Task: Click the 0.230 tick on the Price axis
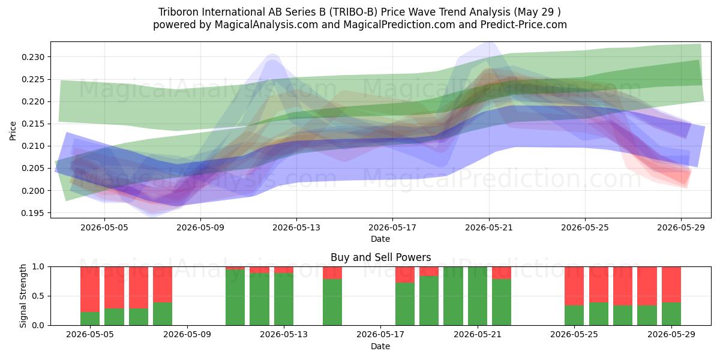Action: [x=32, y=57]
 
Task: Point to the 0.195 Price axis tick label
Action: [x=32, y=213]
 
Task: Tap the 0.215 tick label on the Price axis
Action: [x=32, y=124]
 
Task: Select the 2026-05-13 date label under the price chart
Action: [x=296, y=227]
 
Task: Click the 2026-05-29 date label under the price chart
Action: [x=681, y=227]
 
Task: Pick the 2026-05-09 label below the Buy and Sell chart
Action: [x=187, y=334]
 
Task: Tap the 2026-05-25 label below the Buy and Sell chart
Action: [x=574, y=334]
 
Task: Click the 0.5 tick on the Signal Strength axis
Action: [x=38, y=296]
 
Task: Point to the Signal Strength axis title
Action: [x=23, y=296]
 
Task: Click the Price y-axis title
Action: [x=13, y=131]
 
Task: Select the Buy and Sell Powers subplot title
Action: [x=380, y=257]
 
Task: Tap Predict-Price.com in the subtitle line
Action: [x=524, y=25]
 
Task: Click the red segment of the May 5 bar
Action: [x=90, y=289]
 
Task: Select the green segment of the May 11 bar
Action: [x=235, y=298]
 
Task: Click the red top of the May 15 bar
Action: [x=332, y=273]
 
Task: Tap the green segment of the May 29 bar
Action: [x=671, y=314]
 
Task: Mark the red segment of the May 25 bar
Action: [x=574, y=286]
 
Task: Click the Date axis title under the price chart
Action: [x=380, y=239]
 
